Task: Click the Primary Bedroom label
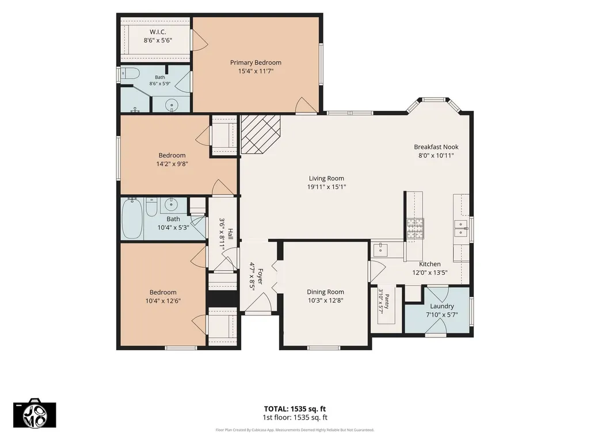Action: pyautogui.click(x=256, y=63)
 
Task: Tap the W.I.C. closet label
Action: pyautogui.click(x=158, y=32)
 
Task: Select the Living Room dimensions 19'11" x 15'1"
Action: pyautogui.click(x=326, y=187)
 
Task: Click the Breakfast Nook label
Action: pyautogui.click(x=436, y=147)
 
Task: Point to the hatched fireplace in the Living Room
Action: pyautogui.click(x=260, y=134)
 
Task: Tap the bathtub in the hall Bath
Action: pyautogui.click(x=132, y=218)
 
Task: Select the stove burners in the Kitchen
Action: pyautogui.click(x=415, y=229)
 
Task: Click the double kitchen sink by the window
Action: pyautogui.click(x=460, y=228)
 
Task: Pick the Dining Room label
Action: pyautogui.click(x=325, y=291)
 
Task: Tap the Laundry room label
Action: pyautogui.click(x=441, y=306)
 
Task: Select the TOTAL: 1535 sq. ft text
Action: pyautogui.click(x=295, y=409)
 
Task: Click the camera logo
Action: pyautogui.click(x=35, y=413)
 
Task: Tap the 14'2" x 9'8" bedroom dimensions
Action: pyautogui.click(x=172, y=164)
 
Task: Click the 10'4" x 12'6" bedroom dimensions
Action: pyautogui.click(x=163, y=301)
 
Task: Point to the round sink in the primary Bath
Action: pyautogui.click(x=172, y=105)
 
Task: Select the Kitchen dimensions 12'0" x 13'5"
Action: pyautogui.click(x=430, y=272)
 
